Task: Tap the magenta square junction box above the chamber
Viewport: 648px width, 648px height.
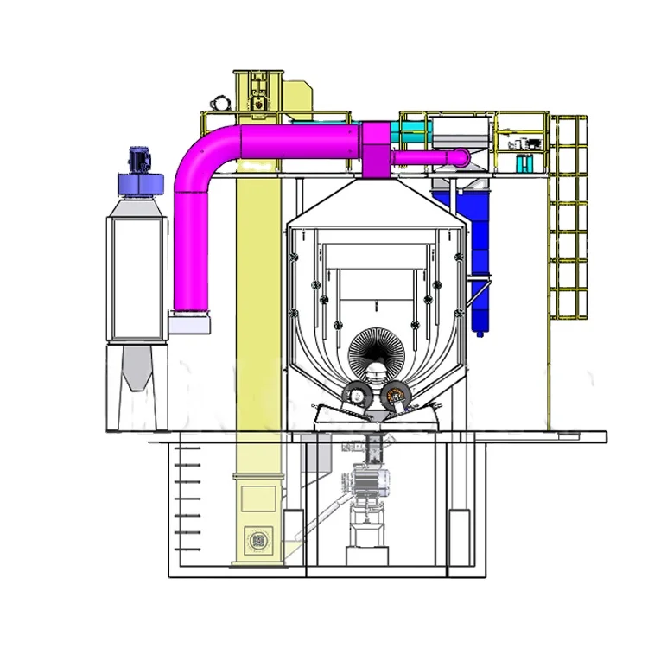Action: (376, 152)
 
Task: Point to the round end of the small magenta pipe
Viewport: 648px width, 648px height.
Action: (460, 156)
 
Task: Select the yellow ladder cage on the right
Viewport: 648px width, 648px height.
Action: (570, 216)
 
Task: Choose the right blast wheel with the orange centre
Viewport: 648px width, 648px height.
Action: (397, 398)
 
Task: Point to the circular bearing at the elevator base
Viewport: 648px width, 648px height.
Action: (257, 541)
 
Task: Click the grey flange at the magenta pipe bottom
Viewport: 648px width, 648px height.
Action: (189, 323)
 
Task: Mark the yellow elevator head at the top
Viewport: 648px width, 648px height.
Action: (258, 91)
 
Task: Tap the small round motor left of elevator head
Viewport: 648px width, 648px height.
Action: (219, 103)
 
